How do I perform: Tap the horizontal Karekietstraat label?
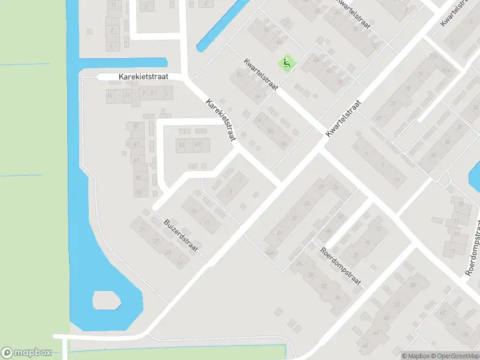(143, 77)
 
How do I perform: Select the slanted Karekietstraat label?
(220, 120)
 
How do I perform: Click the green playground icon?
(287, 62)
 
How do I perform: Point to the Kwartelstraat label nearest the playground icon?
(261, 74)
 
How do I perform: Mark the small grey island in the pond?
(106, 300)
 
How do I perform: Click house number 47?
(136, 144)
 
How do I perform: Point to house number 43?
(136, 160)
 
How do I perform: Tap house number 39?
(137, 177)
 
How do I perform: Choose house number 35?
(139, 193)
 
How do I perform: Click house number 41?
(280, 233)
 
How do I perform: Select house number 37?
(293, 218)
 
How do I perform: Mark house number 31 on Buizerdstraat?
(142, 230)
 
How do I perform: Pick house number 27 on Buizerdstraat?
(157, 241)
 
